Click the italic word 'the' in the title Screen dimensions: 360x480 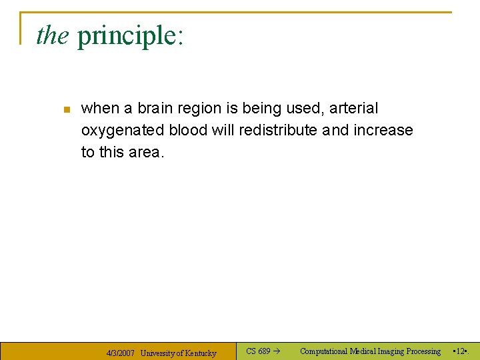click(x=52, y=35)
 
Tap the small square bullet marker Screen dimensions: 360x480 click(x=66, y=109)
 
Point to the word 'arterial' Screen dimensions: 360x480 click(x=353, y=108)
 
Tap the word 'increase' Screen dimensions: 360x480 click(x=383, y=130)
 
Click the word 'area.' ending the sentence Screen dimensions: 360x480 click(x=146, y=152)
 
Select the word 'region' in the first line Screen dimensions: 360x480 click(x=199, y=108)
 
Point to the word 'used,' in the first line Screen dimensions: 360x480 click(x=307, y=108)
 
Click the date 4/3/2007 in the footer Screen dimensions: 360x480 click(x=121, y=353)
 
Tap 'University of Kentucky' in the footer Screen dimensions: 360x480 click(x=178, y=353)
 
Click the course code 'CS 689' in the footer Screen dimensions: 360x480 click(x=258, y=351)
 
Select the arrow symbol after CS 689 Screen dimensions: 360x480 click(x=277, y=351)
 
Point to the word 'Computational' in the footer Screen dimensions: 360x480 click(x=324, y=351)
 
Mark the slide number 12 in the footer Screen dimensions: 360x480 click(x=461, y=351)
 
